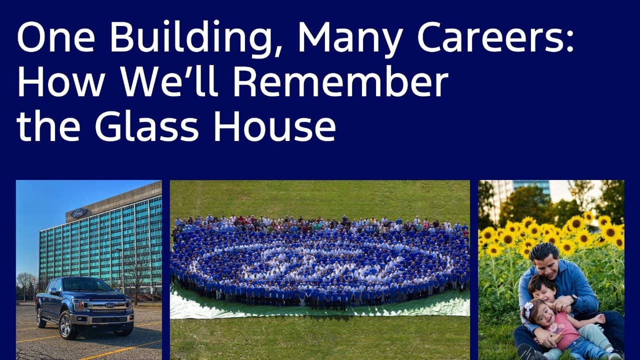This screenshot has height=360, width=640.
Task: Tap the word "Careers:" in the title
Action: [495, 37]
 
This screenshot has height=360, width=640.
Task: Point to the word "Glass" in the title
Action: [146, 125]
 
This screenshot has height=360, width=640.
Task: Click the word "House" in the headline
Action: [274, 125]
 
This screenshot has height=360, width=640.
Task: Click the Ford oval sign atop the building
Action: [79, 213]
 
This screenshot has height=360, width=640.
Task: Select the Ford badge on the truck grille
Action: [110, 305]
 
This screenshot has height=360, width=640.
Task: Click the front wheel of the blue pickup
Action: [66, 325]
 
